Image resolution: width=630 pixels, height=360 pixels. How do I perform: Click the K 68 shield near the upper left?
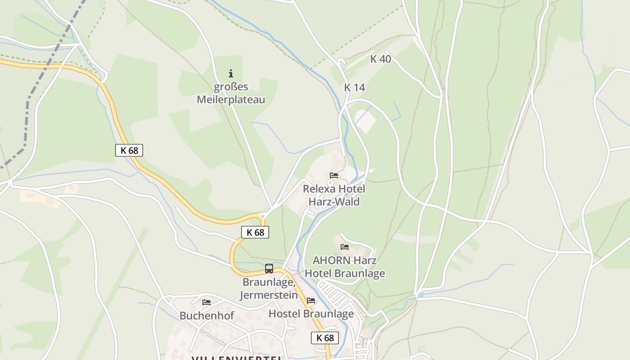pyautogui.click(x=129, y=150)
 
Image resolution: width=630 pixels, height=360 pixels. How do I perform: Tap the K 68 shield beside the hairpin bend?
pyautogui.click(x=255, y=232)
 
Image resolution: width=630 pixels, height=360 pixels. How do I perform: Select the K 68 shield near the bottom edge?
pyautogui.click(x=324, y=338)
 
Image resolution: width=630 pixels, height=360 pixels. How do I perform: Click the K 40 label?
pyautogui.click(x=380, y=59)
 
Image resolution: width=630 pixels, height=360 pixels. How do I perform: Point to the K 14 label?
pyautogui.click(x=354, y=88)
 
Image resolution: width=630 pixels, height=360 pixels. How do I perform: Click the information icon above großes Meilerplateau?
pyautogui.click(x=231, y=73)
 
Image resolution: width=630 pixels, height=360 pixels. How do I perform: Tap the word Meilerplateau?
pyautogui.click(x=231, y=99)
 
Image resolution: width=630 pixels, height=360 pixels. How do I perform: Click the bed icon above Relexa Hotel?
pyautogui.click(x=334, y=175)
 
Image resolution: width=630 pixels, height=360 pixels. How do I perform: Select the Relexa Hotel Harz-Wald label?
pyautogui.click(x=334, y=195)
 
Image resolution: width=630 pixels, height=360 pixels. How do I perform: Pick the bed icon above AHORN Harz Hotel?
pyautogui.click(x=345, y=247)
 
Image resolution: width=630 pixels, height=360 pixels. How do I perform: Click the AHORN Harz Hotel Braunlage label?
pyautogui.click(x=345, y=267)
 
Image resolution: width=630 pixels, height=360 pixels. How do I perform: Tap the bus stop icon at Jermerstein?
pyautogui.click(x=269, y=269)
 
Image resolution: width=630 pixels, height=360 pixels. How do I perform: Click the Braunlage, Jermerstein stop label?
pyautogui.click(x=269, y=288)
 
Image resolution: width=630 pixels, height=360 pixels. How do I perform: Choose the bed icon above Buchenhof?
pyautogui.click(x=207, y=302)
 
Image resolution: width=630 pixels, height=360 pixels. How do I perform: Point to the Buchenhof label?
pyautogui.click(x=207, y=316)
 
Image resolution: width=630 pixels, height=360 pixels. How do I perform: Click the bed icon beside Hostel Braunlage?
pyautogui.click(x=311, y=301)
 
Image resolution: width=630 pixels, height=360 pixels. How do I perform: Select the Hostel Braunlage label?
pyautogui.click(x=311, y=314)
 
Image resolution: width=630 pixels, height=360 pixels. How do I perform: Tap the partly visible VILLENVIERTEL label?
pyautogui.click(x=236, y=358)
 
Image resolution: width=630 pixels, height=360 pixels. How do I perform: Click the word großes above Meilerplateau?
pyautogui.click(x=231, y=87)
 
